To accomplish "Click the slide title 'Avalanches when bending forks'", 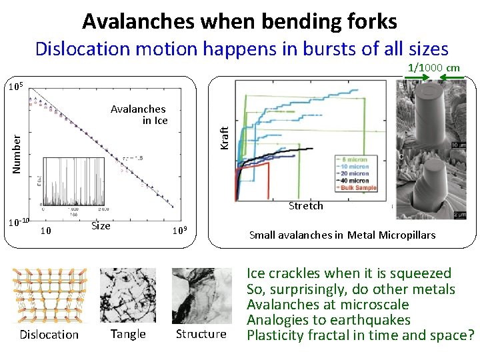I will click(x=239, y=21).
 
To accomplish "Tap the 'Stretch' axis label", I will click(x=305, y=206).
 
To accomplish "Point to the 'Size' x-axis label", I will click(x=101, y=225).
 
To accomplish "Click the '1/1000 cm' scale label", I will click(x=433, y=67).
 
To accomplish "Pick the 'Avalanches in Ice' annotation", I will click(x=139, y=115).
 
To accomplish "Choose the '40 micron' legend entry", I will click(x=353, y=181).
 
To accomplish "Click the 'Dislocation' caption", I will click(x=49, y=335).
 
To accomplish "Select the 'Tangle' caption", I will click(x=127, y=334).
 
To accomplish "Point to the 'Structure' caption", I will click(x=201, y=334).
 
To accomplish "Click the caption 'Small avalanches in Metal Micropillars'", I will click(x=342, y=235).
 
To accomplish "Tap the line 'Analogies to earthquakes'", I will click(x=329, y=320).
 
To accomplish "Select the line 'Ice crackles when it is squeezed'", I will click(x=349, y=273).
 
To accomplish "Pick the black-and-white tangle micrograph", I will click(x=127, y=295).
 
